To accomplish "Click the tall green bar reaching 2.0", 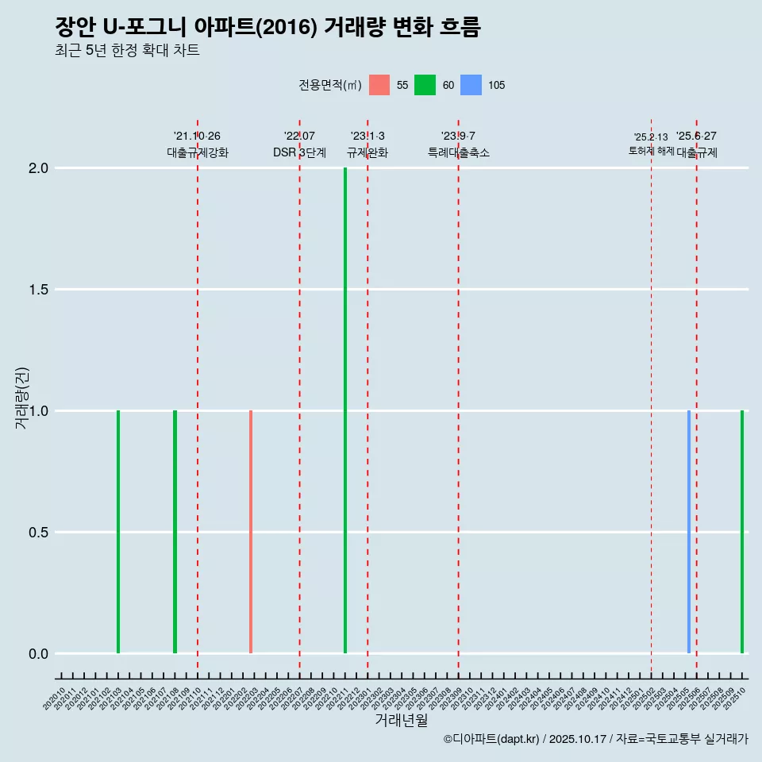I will [x=345, y=410].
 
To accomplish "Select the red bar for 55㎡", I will [x=251, y=532].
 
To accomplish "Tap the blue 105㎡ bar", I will [x=688, y=532].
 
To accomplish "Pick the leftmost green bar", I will [x=118, y=532].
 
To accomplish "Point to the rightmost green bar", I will [x=742, y=532].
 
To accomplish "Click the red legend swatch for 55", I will [x=379, y=85].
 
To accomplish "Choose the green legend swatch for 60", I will [x=425, y=85].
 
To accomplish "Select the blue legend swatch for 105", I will [x=471, y=85].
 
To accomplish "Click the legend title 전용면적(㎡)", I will [x=330, y=85].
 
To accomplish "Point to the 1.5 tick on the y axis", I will [x=38, y=290].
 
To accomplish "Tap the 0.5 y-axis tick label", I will [x=38, y=533].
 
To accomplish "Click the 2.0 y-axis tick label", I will [x=38, y=168].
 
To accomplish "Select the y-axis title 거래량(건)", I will [x=22, y=398].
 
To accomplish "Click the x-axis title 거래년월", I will [x=401, y=721].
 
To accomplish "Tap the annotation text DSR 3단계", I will [x=299, y=153].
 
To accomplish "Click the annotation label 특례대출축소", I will [x=458, y=153].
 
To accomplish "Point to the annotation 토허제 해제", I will [x=651, y=151].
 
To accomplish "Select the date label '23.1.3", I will [x=368, y=137].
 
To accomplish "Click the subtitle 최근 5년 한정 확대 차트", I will [x=127, y=51].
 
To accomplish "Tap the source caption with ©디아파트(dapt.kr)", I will [x=595, y=739].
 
